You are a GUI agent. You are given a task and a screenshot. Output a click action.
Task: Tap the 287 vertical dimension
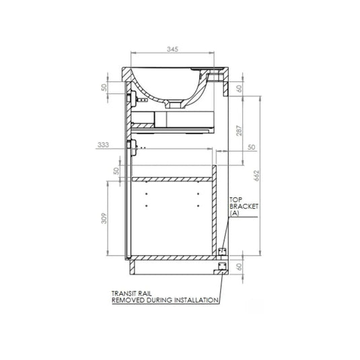tap(241, 133)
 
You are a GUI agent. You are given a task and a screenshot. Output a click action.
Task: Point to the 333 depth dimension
tap(103, 145)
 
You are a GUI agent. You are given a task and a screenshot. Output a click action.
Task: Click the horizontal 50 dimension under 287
tap(252, 147)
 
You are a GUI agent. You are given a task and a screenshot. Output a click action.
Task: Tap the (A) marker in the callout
tap(235, 214)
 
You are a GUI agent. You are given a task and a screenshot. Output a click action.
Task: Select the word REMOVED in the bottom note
tap(127, 300)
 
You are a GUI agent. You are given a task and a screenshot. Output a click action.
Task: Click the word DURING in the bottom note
tap(157, 300)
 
